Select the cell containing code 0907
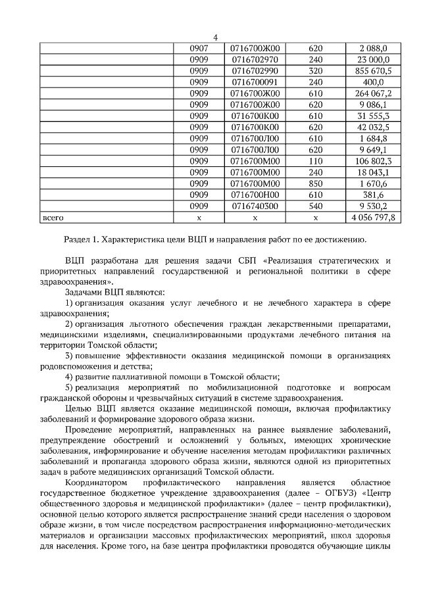(x=199, y=48)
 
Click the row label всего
(x=53, y=217)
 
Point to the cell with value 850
(x=315, y=183)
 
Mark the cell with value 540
(x=315, y=206)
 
